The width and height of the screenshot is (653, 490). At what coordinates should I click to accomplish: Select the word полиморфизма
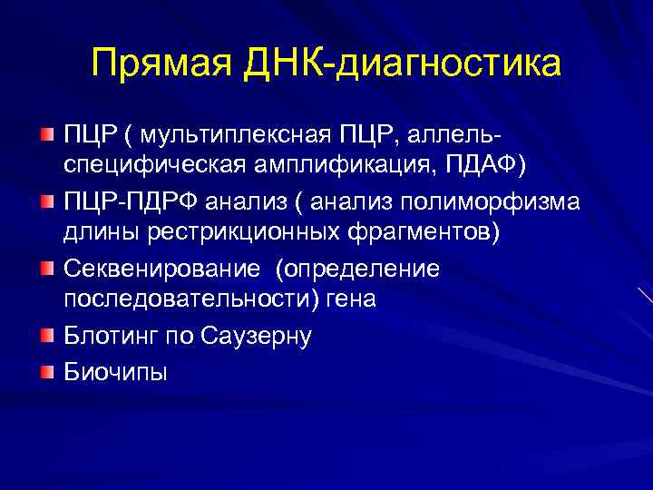click(x=490, y=200)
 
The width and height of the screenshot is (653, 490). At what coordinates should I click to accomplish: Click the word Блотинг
click(x=110, y=337)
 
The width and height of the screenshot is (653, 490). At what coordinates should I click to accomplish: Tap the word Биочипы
click(x=115, y=371)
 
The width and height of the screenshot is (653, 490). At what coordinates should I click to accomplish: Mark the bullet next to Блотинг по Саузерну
click(x=48, y=336)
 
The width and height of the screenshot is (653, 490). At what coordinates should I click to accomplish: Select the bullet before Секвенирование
click(x=48, y=269)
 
